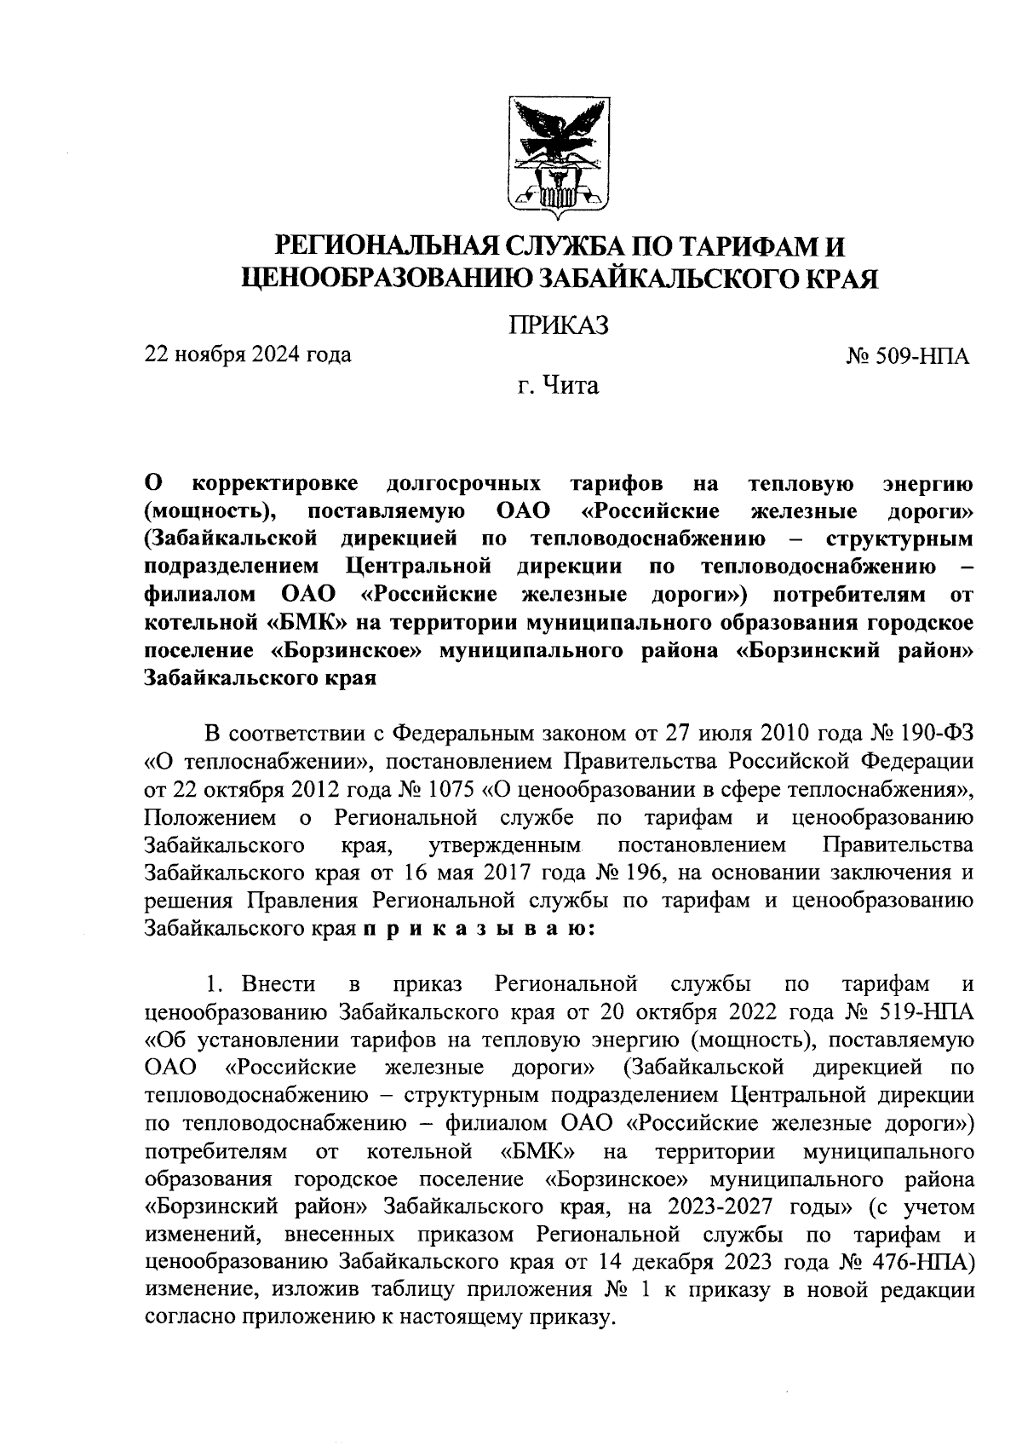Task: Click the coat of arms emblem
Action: pos(559,155)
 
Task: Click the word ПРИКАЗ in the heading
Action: pos(559,325)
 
